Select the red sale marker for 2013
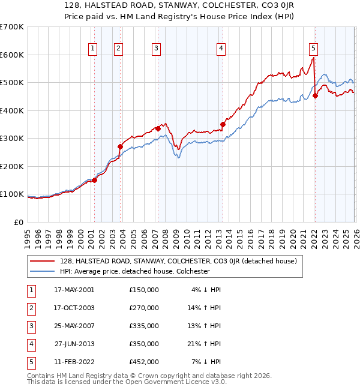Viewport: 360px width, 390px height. point(222,125)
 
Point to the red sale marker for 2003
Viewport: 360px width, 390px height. point(120,146)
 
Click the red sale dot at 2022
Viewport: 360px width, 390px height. point(315,96)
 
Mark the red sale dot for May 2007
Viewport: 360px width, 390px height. point(158,128)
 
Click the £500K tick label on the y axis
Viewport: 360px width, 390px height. point(11,82)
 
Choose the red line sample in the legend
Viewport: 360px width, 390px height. point(43,261)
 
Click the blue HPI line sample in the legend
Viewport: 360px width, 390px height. point(43,271)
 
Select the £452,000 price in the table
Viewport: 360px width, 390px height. point(144,362)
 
